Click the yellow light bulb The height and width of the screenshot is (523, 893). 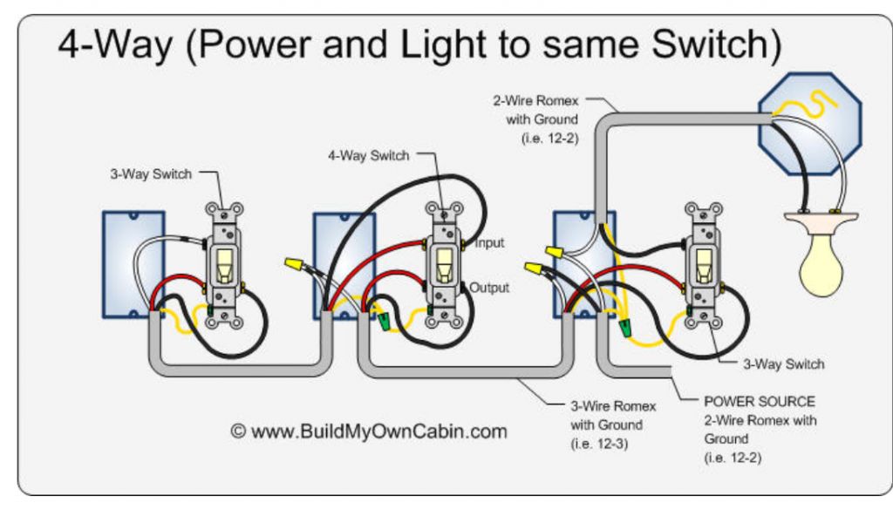tap(822, 262)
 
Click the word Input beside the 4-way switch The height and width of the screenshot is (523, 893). tap(489, 243)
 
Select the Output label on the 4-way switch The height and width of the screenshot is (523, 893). tap(489, 287)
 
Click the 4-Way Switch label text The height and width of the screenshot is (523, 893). tap(368, 156)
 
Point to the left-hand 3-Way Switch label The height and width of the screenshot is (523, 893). tap(151, 174)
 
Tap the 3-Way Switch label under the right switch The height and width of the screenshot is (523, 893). tap(783, 364)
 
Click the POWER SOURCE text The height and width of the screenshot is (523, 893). tap(760, 402)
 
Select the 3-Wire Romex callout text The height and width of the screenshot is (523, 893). tap(613, 406)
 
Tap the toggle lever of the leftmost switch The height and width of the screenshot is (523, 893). tap(224, 264)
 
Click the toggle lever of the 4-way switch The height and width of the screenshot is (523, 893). tap(443, 264)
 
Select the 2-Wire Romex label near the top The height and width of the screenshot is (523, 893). tap(535, 101)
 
